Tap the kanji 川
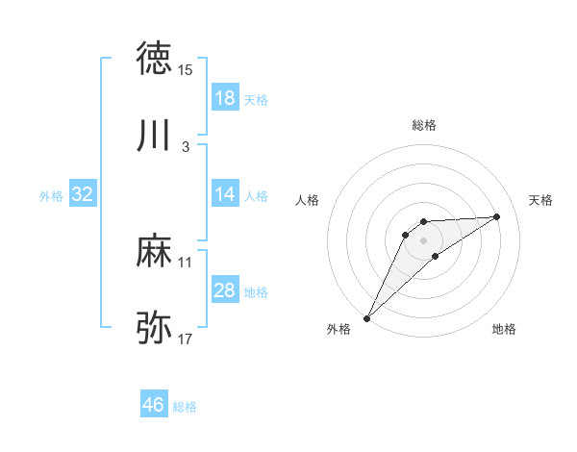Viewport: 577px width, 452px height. pyautogui.click(x=154, y=138)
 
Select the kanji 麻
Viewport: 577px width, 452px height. pyautogui.click(x=154, y=252)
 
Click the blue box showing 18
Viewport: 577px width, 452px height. pyautogui.click(x=225, y=98)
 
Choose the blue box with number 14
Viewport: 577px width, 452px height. pyautogui.click(x=225, y=194)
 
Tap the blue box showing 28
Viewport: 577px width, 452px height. pyautogui.click(x=225, y=290)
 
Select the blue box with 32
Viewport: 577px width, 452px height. pyautogui.click(x=83, y=194)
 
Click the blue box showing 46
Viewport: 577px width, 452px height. pyautogui.click(x=154, y=405)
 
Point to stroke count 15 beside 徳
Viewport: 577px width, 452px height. pyautogui.click(x=186, y=70)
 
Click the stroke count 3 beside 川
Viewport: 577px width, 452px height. pyautogui.click(x=186, y=147)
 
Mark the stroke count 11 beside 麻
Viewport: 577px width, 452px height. pyautogui.click(x=186, y=262)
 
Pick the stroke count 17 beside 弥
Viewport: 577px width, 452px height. pyautogui.click(x=186, y=339)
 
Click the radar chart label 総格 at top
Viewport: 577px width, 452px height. pyautogui.click(x=424, y=125)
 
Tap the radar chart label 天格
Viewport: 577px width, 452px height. pyautogui.click(x=540, y=200)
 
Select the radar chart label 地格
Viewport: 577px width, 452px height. pyautogui.click(x=504, y=329)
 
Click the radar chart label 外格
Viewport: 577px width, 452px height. pyautogui.click(x=339, y=329)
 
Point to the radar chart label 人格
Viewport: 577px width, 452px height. pyautogui.click(x=308, y=200)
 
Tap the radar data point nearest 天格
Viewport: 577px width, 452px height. pyautogui.click(x=497, y=216)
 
